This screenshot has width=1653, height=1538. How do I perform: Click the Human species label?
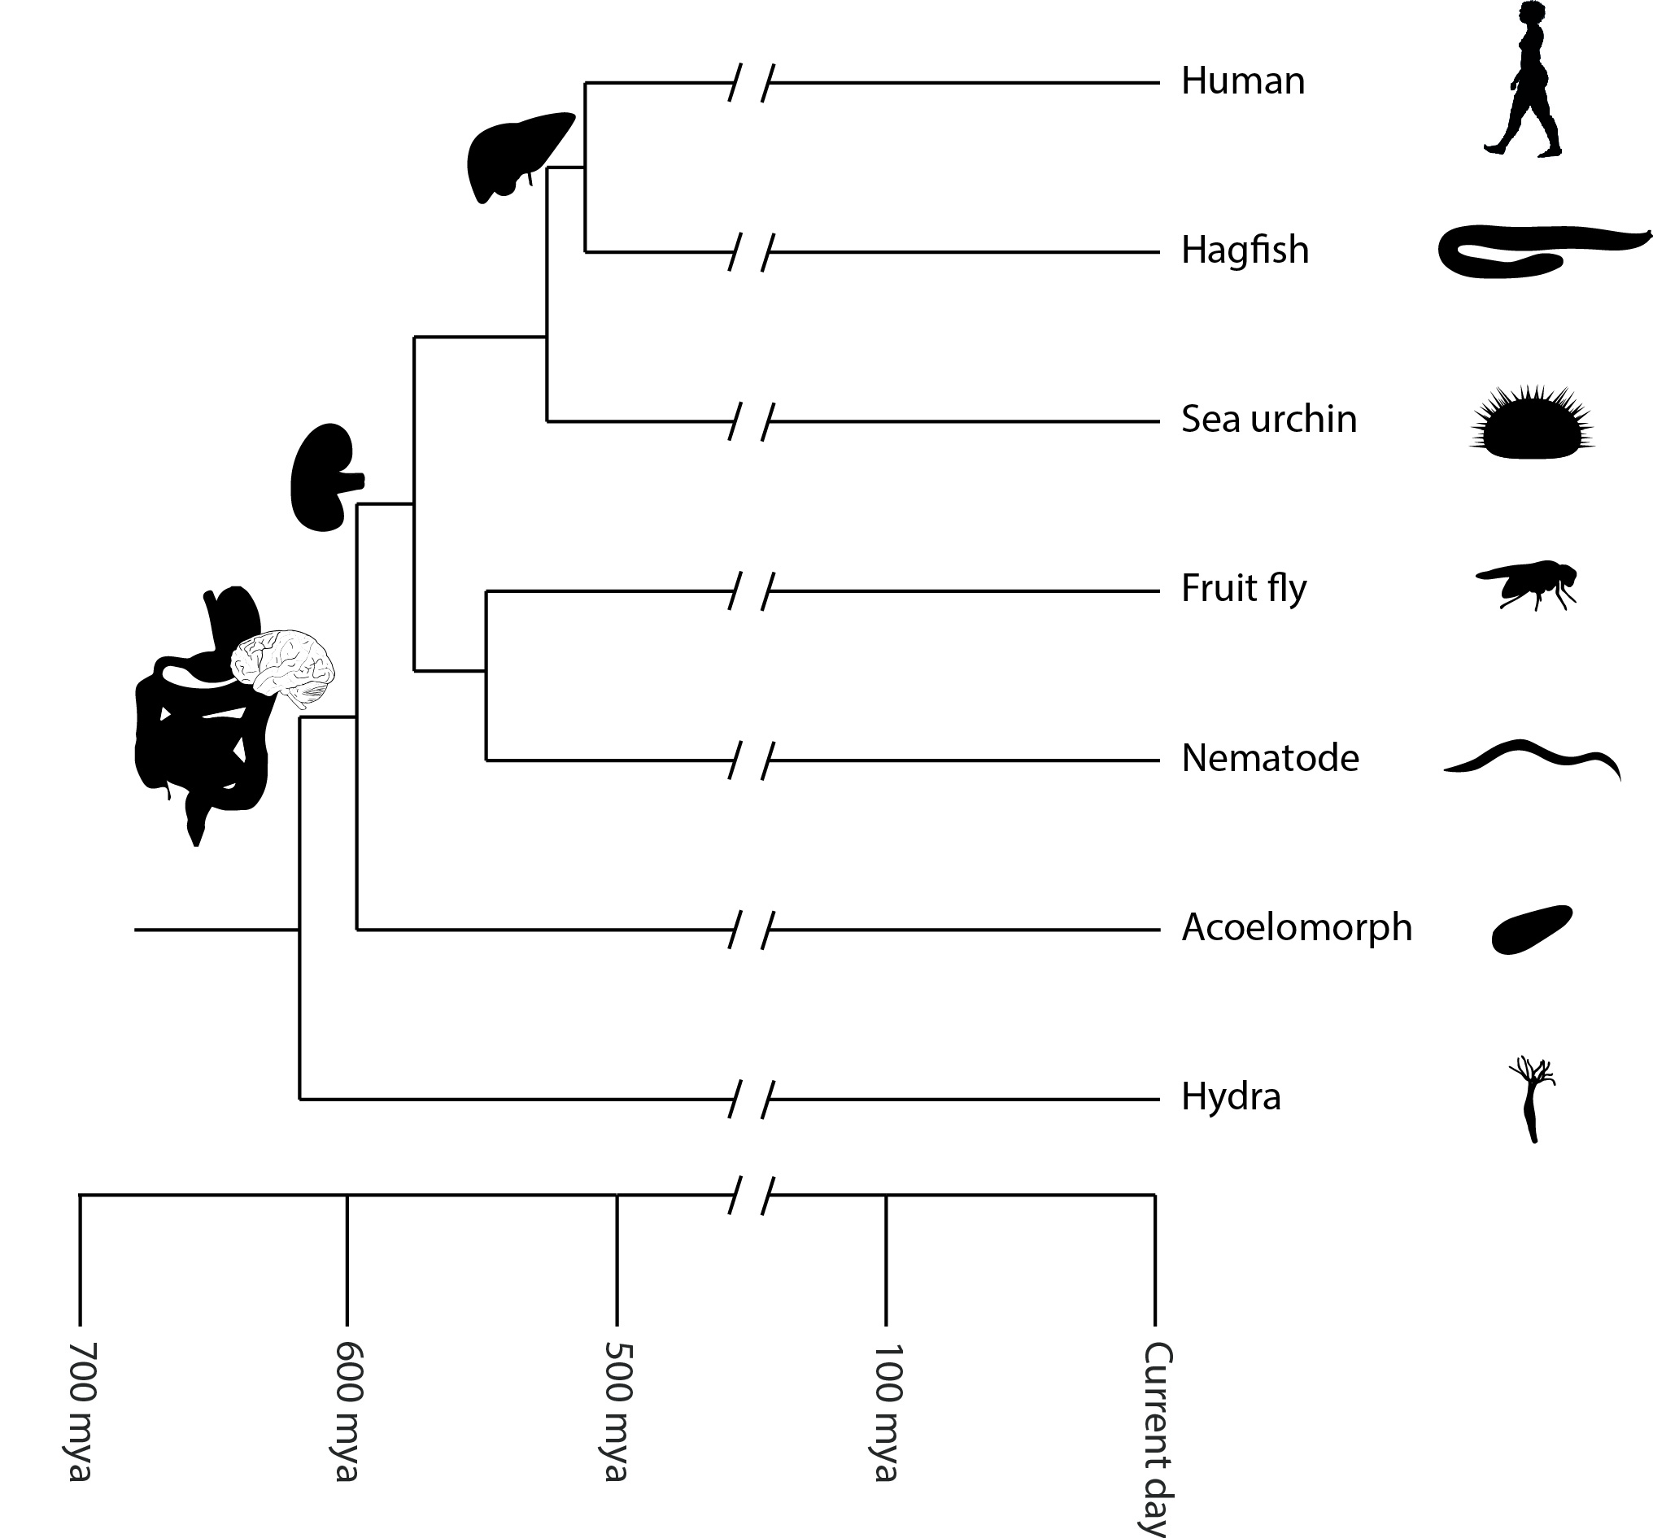click(1243, 81)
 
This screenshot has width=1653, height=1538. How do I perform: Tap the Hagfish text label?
click(1245, 251)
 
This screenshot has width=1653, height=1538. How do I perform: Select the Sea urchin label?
click(1269, 419)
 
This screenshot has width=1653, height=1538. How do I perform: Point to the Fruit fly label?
click(1244, 590)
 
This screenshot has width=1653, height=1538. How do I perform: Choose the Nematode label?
click(1270, 758)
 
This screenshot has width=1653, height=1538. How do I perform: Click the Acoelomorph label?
click(1297, 929)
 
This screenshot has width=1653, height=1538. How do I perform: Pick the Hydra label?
click(1231, 1097)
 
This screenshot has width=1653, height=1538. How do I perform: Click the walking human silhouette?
click(1524, 80)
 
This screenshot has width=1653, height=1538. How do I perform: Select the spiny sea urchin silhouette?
click(1533, 420)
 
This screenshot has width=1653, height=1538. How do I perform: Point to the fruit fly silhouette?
click(1527, 585)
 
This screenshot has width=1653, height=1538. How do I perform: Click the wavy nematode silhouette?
click(1532, 759)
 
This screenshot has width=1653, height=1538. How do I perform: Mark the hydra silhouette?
click(1532, 1099)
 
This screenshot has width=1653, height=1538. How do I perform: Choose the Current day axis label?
click(1155, 1438)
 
